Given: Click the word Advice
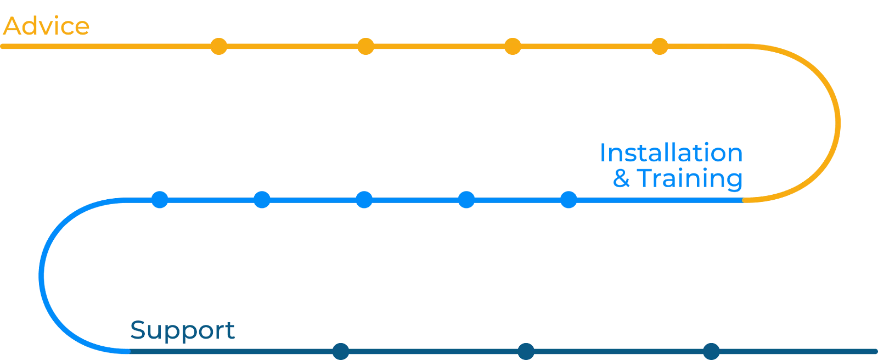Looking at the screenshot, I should tap(47, 26).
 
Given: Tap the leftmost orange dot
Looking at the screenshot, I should tap(219, 47).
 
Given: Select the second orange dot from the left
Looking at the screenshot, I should tap(366, 47).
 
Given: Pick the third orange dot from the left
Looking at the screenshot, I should tap(513, 47).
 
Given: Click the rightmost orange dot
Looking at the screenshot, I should tap(660, 47).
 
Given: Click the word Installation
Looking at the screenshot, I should tap(671, 153).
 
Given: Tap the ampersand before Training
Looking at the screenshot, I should tap(621, 179).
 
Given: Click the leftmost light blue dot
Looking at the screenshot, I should tap(160, 200).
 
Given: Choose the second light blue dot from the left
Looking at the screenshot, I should tap(262, 200).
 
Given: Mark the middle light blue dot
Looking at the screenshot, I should tap(364, 200).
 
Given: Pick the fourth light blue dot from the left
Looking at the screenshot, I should tap(467, 200).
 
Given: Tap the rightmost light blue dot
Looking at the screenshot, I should tap(569, 200).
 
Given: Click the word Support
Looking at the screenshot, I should tap(182, 331).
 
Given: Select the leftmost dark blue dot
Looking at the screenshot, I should tap(341, 351).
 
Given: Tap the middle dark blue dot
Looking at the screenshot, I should tap(526, 351).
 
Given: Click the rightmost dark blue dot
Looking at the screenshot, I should tap(711, 351).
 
